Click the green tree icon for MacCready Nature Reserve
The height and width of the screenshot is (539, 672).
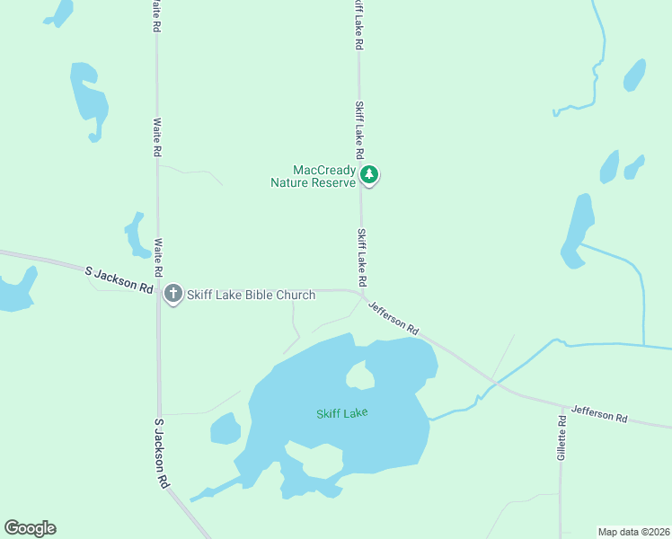click(368, 173)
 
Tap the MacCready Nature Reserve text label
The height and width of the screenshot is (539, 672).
click(313, 176)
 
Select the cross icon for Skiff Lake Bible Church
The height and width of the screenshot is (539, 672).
click(173, 293)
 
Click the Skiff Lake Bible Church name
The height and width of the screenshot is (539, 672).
click(252, 295)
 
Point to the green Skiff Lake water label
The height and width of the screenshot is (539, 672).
click(342, 413)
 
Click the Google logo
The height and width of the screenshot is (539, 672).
click(30, 528)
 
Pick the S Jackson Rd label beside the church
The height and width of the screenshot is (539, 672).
click(119, 278)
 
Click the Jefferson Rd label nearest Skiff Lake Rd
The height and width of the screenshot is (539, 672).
click(394, 317)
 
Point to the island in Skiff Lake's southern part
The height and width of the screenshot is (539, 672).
click(322, 459)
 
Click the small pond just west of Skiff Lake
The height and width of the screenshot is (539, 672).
click(225, 428)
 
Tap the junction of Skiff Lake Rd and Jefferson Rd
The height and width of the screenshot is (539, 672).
click(361, 293)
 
